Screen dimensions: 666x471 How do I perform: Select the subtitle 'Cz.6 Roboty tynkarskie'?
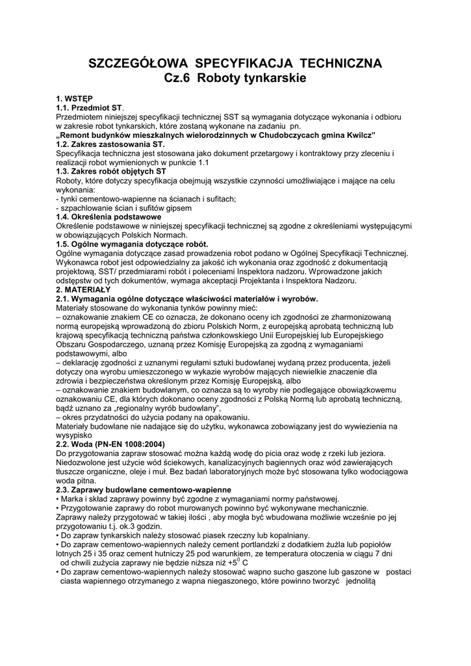235,78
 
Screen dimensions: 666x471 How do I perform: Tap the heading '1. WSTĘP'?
74,98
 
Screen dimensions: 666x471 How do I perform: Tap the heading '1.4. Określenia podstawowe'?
108,217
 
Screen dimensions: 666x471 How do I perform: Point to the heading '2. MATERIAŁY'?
83,289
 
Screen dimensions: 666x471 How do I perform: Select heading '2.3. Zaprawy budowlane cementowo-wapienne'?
142,489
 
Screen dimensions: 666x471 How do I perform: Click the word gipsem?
178,207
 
